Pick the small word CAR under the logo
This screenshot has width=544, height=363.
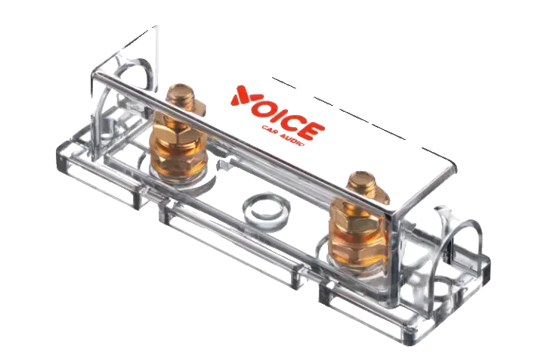[x=270, y=131]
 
